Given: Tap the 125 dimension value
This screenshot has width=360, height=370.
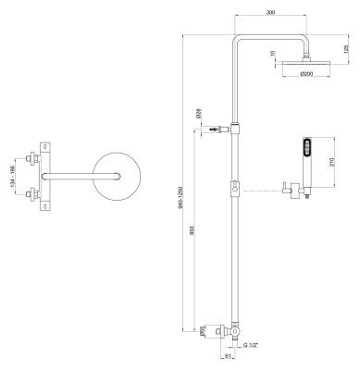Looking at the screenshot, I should click(x=347, y=49).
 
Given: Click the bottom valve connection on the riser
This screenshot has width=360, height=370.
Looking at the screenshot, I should click(x=236, y=330).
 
